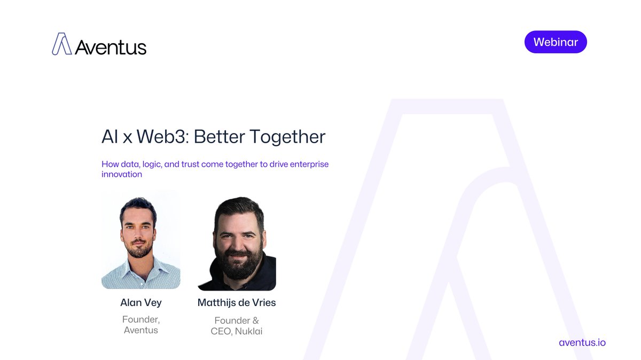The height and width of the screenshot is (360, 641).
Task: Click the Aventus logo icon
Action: pyautogui.click(x=62, y=44)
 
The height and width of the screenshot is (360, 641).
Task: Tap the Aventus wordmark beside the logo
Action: pyautogui.click(x=111, y=47)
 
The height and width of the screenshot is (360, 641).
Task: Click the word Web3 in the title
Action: pyautogui.click(x=161, y=137)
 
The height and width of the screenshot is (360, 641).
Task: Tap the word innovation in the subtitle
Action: pyautogui.click(x=122, y=174)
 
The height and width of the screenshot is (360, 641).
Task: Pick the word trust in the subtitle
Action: pyautogui.click(x=190, y=164)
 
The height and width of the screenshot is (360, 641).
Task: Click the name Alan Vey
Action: pyautogui.click(x=141, y=303)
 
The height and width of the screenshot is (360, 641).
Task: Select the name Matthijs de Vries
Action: pyautogui.click(x=237, y=303)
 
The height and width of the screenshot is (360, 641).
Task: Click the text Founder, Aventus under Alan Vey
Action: pyautogui.click(x=141, y=325)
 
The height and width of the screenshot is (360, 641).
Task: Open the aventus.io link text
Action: pyautogui.click(x=582, y=342)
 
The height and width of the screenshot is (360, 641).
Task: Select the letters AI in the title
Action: pyautogui.click(x=110, y=137)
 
